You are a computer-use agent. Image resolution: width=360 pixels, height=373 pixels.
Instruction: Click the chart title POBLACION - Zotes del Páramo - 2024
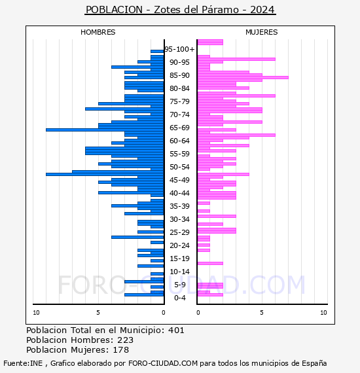point(180,10)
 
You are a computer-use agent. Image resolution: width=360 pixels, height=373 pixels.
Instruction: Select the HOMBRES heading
point(98,32)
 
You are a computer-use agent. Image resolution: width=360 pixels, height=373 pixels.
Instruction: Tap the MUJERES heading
point(262,32)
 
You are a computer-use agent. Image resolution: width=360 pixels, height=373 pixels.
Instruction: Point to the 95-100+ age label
point(179,49)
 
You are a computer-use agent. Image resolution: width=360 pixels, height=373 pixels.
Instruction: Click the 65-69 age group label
point(179,128)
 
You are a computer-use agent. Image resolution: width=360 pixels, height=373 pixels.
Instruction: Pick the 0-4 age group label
point(180,298)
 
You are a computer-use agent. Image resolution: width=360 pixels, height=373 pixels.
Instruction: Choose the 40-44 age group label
point(179,193)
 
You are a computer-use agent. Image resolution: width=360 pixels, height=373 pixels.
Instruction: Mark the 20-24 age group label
point(179,245)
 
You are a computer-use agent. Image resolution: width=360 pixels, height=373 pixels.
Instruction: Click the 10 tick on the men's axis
point(36,313)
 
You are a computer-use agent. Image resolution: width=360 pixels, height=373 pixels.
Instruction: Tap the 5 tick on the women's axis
point(262,313)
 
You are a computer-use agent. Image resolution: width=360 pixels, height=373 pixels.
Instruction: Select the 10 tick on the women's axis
point(323,313)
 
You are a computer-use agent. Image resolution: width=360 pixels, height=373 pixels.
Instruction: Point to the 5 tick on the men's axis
point(98,313)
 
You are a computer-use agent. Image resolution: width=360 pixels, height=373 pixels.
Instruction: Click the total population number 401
point(176,330)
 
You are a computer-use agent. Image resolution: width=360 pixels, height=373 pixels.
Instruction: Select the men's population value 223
point(126,340)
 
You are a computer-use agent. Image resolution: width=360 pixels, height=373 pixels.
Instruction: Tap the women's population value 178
point(121,350)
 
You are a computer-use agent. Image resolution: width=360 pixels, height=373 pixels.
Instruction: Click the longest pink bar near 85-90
point(243,78)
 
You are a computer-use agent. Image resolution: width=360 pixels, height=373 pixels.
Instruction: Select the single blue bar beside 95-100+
point(157,52)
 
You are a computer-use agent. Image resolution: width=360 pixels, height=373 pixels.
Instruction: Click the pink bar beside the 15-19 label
point(210,263)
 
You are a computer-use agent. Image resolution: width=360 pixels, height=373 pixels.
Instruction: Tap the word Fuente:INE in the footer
point(23,363)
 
